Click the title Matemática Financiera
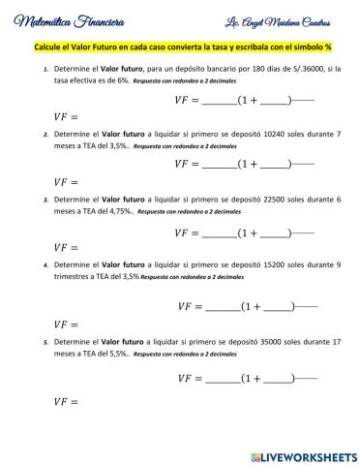coord(66,21)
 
